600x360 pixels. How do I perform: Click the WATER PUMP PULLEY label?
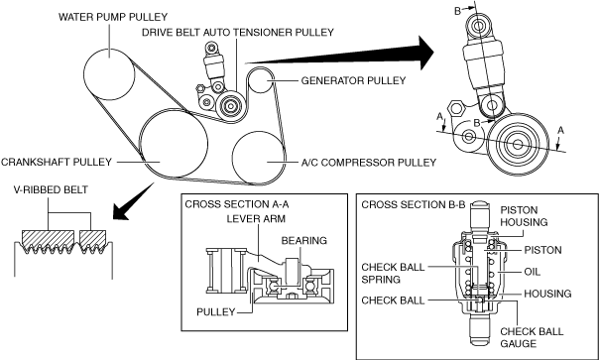(113, 17)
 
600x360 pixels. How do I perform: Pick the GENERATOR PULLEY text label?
(353, 80)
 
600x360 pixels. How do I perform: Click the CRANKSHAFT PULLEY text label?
(57, 162)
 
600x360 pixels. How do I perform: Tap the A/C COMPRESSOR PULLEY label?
(369, 163)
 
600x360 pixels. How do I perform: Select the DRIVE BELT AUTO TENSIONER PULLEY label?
(238, 32)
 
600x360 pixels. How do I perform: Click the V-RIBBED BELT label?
(51, 189)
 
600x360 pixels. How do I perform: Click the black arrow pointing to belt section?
(133, 201)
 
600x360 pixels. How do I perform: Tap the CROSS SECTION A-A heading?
(237, 204)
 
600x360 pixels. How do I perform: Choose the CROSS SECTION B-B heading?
(414, 204)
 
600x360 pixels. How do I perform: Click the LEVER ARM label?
(256, 218)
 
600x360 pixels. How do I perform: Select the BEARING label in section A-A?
(304, 240)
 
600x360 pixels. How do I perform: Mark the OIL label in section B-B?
(533, 272)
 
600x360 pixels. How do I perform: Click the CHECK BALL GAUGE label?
(532, 337)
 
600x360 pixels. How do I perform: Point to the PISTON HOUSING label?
(524, 216)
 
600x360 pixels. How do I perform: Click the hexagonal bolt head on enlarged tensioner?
(456, 108)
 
